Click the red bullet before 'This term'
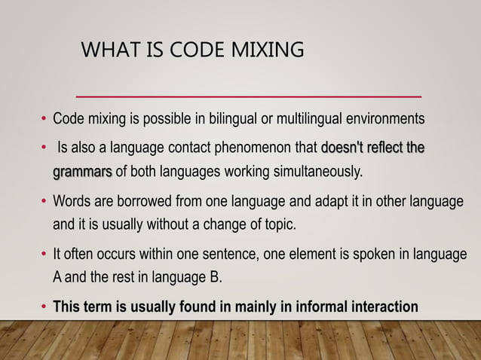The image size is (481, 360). point(44,307)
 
